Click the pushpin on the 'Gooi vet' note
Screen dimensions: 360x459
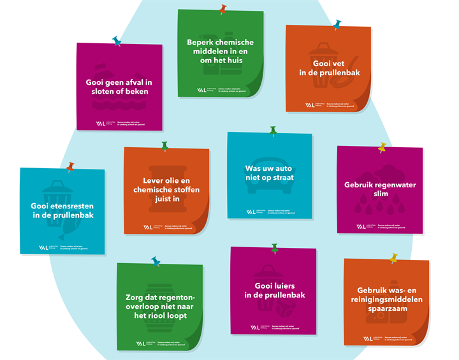337,24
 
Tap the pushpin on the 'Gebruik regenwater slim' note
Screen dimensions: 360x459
382,148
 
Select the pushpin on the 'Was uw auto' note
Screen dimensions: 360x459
273,131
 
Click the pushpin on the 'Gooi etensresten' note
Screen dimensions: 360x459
70,166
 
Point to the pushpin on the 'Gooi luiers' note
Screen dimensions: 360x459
275,248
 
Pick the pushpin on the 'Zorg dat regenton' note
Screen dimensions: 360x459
156,261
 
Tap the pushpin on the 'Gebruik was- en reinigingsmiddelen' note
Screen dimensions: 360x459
394,258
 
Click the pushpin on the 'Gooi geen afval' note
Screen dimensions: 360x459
116,41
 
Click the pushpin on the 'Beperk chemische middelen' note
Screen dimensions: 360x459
222,10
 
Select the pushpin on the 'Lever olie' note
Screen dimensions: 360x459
164,147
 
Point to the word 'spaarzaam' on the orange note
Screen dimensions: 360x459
383,310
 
